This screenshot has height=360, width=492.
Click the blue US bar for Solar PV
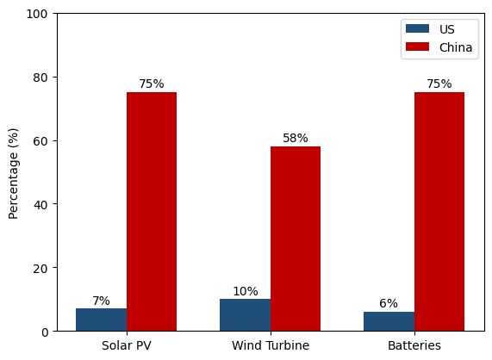coord(101,320)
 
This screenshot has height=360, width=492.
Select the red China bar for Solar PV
coord(152,211)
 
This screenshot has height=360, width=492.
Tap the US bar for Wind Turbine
coord(245,315)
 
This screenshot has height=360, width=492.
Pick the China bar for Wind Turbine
coord(296,239)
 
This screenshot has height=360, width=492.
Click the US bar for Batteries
coord(389,321)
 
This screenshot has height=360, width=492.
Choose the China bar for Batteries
coord(439,211)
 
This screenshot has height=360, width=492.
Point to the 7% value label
coord(101,301)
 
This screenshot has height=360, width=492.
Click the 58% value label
coord(296,139)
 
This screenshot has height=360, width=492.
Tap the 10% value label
coord(245,292)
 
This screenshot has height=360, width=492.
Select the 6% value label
coord(389,304)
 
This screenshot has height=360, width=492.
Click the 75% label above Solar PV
coord(152,84)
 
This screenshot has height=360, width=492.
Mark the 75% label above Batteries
coord(439,84)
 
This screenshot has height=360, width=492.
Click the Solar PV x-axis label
coord(126,345)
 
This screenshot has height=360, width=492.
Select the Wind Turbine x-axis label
coord(271,345)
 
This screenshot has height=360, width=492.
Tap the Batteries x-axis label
coord(414,345)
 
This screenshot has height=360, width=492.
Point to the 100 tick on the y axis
coord(40,14)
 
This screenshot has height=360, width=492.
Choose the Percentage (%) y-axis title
coord(14,172)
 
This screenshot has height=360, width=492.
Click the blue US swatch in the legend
coord(417,29)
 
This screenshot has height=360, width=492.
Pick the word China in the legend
coord(456,47)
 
